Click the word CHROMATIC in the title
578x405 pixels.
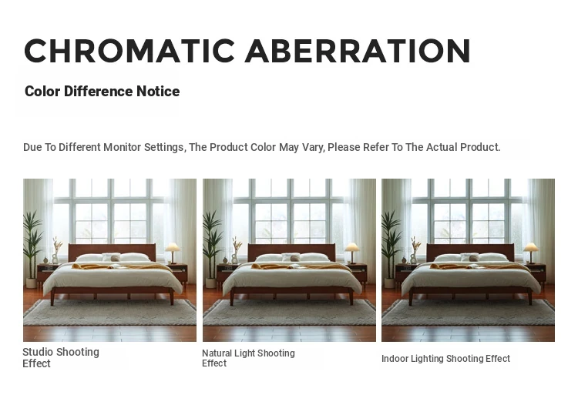click(x=129, y=51)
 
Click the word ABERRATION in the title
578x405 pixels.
click(x=358, y=51)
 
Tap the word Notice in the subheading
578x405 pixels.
click(x=158, y=91)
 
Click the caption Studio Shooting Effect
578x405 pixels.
click(x=61, y=357)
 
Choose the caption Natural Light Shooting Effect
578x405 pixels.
click(x=248, y=358)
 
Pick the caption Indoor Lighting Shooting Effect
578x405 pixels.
click(x=445, y=358)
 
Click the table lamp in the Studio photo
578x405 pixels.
click(x=173, y=253)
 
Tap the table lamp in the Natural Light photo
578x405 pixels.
click(x=352, y=253)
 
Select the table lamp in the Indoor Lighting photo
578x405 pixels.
click(x=531, y=253)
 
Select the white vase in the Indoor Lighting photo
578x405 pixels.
click(x=414, y=259)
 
